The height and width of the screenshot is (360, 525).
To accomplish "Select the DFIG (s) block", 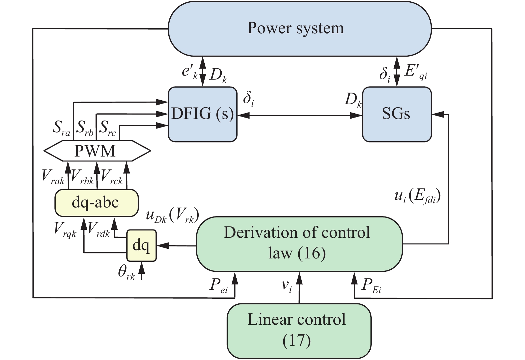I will tap(202, 114).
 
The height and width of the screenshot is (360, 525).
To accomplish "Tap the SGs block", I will tap(397, 114).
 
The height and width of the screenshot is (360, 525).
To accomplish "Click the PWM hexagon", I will tap(97, 151).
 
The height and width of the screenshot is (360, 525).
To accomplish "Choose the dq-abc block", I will tap(96, 203).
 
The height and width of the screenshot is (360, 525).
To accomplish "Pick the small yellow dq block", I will tap(141, 245).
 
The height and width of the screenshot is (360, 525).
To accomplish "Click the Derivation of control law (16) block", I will tap(299, 243).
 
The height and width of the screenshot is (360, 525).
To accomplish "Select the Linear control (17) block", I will tap(299, 331).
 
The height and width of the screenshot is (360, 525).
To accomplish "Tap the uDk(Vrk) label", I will tap(172, 216).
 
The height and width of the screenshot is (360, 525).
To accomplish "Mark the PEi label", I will tap(371, 286).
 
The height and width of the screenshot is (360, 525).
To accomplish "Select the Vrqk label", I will tap(65, 229).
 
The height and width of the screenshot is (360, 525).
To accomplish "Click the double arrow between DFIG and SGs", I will tap(300, 116).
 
